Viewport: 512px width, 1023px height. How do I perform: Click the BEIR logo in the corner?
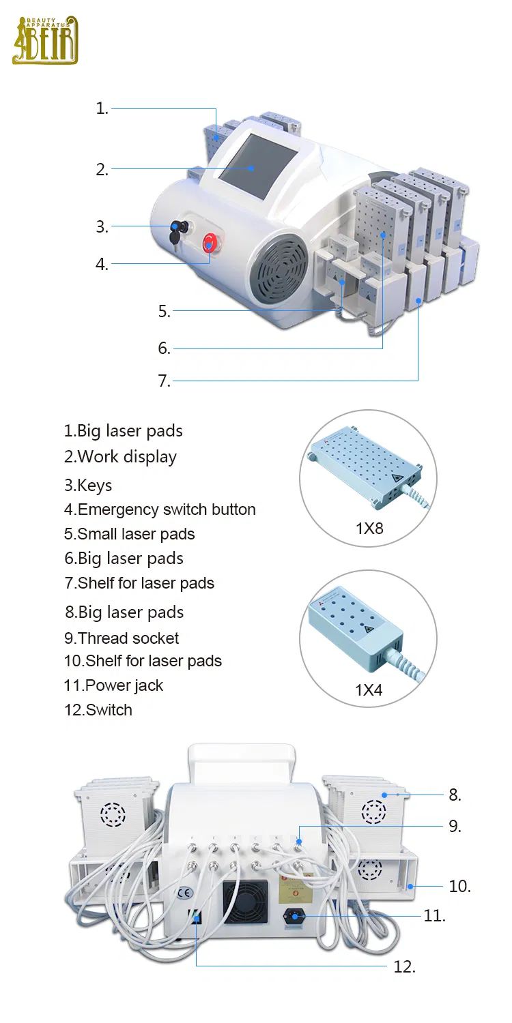[45, 40]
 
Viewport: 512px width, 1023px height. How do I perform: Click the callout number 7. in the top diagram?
[165, 381]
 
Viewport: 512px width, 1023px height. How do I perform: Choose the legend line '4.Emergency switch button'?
[160, 509]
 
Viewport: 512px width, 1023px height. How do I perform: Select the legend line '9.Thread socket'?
[122, 638]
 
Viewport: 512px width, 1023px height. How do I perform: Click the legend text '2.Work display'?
[120, 457]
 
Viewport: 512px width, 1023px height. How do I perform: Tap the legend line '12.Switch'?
[98, 710]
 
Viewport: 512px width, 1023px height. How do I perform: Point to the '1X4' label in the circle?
[369, 690]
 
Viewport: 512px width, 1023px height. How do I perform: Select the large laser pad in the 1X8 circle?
[362, 471]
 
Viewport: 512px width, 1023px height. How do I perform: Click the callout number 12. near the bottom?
[404, 966]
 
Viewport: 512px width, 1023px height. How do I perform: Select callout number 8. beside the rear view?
[455, 795]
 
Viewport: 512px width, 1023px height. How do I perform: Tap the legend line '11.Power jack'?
[113, 685]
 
